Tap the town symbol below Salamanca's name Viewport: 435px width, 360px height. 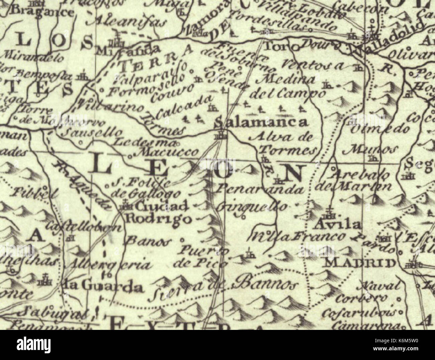pos(221,135)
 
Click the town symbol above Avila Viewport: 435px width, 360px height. pos(330,213)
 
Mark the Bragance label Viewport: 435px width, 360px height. pos(41,12)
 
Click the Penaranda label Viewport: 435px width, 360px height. pos(261,189)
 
